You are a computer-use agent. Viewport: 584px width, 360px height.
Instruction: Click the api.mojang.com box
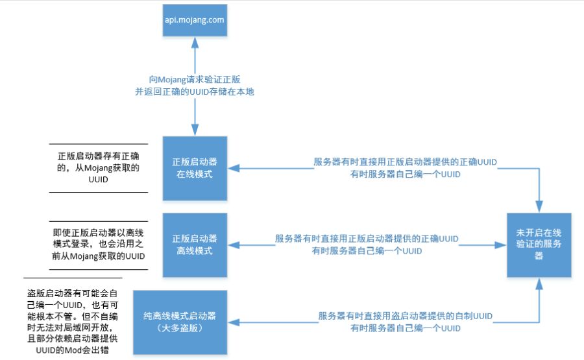coord(195,20)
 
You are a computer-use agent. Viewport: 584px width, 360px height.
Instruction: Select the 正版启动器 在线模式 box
coord(195,168)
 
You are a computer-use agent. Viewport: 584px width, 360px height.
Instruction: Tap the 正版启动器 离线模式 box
coord(195,245)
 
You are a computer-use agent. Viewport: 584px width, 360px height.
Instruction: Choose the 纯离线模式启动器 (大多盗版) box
coord(180,322)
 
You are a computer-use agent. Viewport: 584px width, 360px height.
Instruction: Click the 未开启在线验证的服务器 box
coord(539,245)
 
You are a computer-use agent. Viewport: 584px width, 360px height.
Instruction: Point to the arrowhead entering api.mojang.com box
coord(195,42)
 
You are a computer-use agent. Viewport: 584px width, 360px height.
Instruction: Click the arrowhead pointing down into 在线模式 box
coord(195,130)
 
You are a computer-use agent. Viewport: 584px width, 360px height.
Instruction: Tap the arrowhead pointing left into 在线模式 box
coord(234,168)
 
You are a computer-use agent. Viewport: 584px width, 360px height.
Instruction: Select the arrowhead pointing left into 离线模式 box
coord(234,245)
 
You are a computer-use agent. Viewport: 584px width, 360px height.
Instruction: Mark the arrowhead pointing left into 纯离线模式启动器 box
coord(234,322)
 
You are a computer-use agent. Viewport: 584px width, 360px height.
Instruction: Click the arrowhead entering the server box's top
coord(539,207)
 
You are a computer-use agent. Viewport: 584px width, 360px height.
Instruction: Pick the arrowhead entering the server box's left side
coord(500,245)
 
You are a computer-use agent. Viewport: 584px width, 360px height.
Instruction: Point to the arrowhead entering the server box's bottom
coord(539,283)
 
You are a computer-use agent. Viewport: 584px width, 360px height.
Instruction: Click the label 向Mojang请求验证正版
coord(195,79)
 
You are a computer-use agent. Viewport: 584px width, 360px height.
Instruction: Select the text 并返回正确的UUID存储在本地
coord(195,91)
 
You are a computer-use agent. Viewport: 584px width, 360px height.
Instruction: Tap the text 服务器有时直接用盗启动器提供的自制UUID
coord(405,316)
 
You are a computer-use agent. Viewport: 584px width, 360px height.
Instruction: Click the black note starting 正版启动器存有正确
coord(99,167)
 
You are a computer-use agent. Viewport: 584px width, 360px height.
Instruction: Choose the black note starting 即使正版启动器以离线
coord(99,245)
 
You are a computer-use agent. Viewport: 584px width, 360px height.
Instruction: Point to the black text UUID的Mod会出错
coord(72,350)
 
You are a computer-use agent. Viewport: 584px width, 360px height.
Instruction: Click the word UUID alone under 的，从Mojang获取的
coord(99,180)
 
